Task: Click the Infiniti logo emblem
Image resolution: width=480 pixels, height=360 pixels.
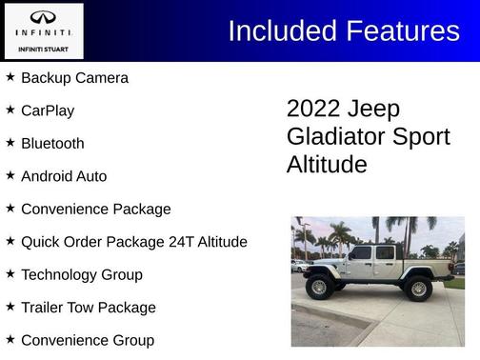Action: point(43,18)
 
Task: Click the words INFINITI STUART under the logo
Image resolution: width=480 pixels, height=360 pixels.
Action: point(43,49)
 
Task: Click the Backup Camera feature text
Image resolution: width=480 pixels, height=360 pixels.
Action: point(74,78)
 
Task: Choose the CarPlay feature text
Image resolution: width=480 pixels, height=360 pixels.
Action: point(48,110)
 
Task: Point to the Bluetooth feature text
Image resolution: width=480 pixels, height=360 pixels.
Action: point(52,144)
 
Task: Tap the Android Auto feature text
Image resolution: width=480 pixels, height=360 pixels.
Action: point(64,176)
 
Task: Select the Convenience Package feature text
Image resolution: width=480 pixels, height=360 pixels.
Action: point(95,210)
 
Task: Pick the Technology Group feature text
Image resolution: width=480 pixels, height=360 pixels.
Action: point(82,275)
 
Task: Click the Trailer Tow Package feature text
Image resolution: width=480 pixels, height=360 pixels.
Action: point(88,308)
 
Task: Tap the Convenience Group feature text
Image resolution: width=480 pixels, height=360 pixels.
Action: point(87,340)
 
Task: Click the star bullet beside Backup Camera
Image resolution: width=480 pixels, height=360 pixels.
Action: point(10,77)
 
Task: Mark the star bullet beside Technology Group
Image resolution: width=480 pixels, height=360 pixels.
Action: point(10,274)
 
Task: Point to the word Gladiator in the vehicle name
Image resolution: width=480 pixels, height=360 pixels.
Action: point(333,136)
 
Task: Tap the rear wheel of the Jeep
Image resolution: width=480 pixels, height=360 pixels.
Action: point(417,287)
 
